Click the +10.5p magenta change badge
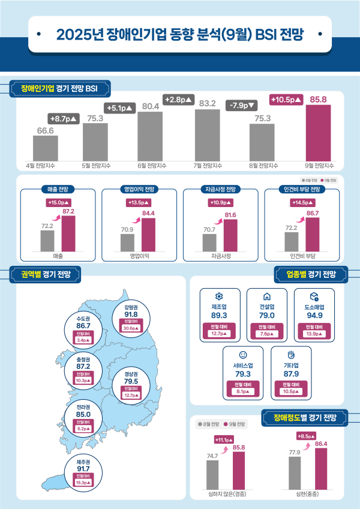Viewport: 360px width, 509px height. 287,100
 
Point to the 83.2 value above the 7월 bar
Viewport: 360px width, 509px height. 208,104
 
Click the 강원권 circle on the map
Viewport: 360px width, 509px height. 131,318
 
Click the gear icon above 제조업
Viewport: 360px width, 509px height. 219,297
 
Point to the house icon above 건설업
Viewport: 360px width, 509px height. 266,297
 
